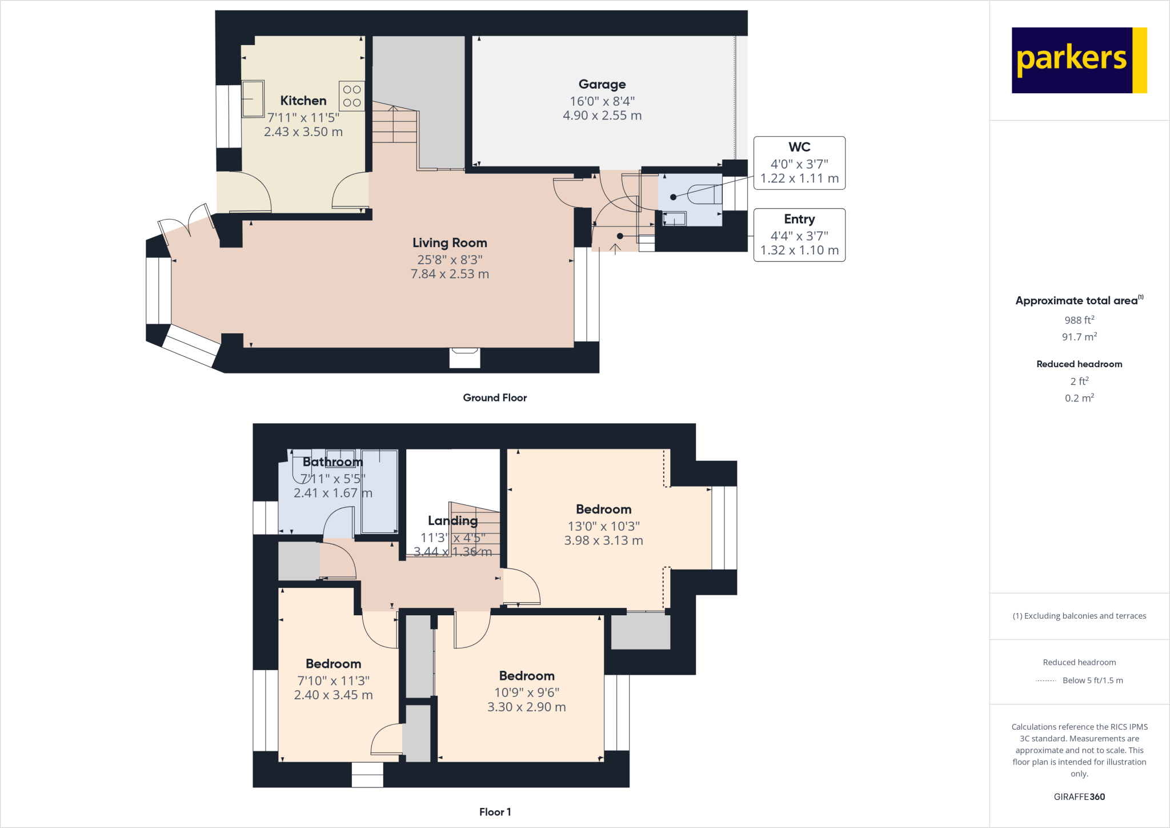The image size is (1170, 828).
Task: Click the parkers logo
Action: pos(1079,60)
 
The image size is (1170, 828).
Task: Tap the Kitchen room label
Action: pos(303,101)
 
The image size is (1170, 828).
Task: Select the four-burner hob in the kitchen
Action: pos(352,96)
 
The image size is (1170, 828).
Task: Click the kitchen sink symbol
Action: pos(253,99)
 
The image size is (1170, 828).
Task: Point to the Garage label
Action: pos(602,85)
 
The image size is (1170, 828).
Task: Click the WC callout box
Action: pos(799,163)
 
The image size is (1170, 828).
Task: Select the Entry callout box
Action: pos(799,235)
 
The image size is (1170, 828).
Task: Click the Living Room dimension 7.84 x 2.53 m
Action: pos(450,274)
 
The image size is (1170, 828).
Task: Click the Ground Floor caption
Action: pos(495,398)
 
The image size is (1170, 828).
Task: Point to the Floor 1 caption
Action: pos(495,812)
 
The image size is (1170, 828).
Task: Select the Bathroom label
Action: pos(332,462)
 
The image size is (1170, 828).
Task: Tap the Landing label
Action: pos(452,521)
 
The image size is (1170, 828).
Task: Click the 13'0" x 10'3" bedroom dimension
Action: pos(603,526)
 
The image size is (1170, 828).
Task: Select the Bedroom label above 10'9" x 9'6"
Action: pos(527,676)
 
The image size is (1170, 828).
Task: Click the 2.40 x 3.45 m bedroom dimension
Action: pos(333,695)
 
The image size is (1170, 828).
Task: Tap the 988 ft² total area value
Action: pos(1079,320)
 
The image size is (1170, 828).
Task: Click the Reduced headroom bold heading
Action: pos(1079,364)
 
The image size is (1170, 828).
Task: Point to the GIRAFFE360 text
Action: pos(1079,797)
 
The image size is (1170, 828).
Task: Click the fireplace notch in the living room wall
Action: pos(464,358)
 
